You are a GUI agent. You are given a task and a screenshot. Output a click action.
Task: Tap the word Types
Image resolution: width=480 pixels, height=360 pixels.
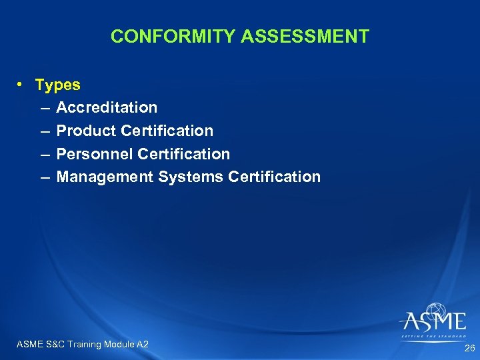point(57,85)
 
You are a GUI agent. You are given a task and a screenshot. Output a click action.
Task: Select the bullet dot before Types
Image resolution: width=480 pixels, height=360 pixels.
point(21,85)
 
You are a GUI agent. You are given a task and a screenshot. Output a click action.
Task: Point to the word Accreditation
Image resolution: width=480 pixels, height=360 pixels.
point(107,107)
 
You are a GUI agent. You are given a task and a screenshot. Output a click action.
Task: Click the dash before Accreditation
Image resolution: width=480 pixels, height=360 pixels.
point(44,107)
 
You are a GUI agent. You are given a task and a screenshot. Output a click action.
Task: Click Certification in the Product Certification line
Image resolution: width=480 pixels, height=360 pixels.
point(167,131)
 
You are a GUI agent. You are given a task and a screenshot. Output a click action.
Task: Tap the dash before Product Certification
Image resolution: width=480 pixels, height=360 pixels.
point(44,131)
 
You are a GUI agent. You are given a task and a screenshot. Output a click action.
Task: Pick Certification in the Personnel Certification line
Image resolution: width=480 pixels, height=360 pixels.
point(183,154)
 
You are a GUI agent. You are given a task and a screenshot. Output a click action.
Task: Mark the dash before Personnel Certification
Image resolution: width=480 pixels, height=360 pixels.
point(44,154)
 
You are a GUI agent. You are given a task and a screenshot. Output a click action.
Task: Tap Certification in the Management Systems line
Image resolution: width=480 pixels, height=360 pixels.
point(274,177)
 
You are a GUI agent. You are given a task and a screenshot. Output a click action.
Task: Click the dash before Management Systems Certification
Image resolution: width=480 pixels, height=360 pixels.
point(44,177)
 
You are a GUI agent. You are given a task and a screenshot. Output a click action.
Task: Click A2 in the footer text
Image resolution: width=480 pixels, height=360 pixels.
point(142,344)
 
